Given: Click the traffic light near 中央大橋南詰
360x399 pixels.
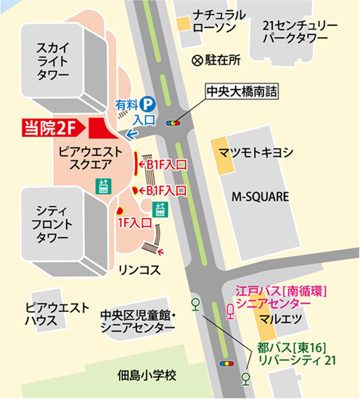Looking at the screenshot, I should pos(174,123).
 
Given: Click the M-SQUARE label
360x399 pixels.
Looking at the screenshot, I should pos(260,197).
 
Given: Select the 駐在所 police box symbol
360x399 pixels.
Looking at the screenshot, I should pos(196,62).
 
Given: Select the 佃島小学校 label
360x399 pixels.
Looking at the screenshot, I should pos(147,376).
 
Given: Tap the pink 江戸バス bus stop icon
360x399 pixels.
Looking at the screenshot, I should pos(231,312).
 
